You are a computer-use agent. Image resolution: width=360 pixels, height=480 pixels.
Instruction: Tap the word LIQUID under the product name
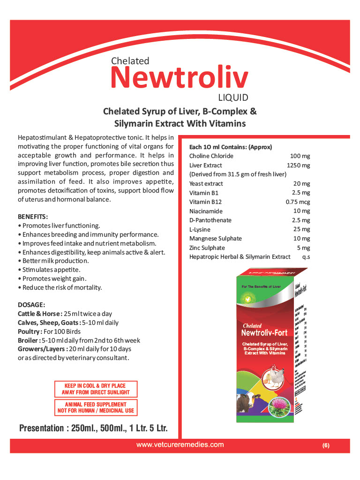click(x=233, y=98)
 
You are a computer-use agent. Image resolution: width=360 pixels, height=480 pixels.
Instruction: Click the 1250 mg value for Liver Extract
click(x=299, y=165)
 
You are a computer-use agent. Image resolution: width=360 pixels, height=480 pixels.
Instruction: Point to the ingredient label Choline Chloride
click(x=211, y=156)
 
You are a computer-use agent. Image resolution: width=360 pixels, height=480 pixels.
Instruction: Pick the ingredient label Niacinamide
click(x=206, y=211)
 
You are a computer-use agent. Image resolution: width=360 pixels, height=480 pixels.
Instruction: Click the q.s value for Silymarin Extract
click(x=306, y=257)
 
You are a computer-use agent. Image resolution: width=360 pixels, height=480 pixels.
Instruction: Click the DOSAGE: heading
click(x=31, y=305)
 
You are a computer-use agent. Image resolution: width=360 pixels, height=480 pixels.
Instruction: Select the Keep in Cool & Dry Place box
click(x=95, y=389)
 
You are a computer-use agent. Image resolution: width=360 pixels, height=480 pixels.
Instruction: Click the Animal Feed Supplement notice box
click(x=96, y=407)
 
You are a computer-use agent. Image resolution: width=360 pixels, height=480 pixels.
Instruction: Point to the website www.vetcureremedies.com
click(x=180, y=444)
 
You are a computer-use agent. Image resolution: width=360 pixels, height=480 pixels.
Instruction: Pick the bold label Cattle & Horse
click(x=39, y=314)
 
